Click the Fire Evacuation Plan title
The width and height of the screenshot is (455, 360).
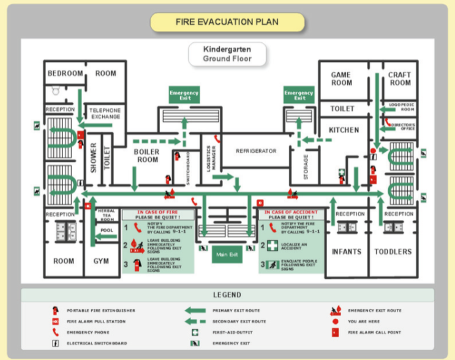227,22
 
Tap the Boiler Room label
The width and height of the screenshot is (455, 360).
146,156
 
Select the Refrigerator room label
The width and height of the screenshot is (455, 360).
256,151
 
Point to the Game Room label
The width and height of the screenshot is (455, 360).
341,79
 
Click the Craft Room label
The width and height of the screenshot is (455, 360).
400,79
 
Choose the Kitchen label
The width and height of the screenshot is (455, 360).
344,130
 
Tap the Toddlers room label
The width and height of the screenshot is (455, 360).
393,252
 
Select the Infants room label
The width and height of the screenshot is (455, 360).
347,252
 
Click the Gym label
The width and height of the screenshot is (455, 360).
101,261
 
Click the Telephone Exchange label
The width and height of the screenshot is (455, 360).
106,113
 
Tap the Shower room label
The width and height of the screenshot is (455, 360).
94,157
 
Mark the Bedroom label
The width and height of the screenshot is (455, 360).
65,73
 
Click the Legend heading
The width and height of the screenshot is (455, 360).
227,295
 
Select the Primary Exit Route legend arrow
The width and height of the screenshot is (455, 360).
195,310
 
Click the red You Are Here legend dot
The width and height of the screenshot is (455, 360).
335,321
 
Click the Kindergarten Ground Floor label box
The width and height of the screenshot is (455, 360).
227,53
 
